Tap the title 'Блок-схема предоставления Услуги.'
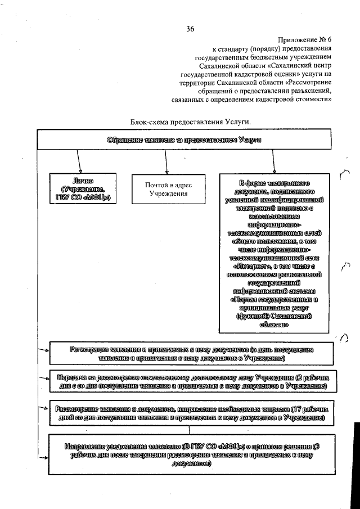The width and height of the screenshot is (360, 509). click(x=191, y=121)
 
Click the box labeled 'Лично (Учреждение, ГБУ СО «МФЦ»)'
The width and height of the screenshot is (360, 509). click(x=83, y=189)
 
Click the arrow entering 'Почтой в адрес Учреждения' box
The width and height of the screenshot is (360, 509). click(x=166, y=167)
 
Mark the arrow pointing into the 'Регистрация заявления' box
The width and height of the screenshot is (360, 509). click(x=43, y=351)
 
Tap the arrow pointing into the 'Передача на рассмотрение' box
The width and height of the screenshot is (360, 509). click(x=43, y=379)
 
